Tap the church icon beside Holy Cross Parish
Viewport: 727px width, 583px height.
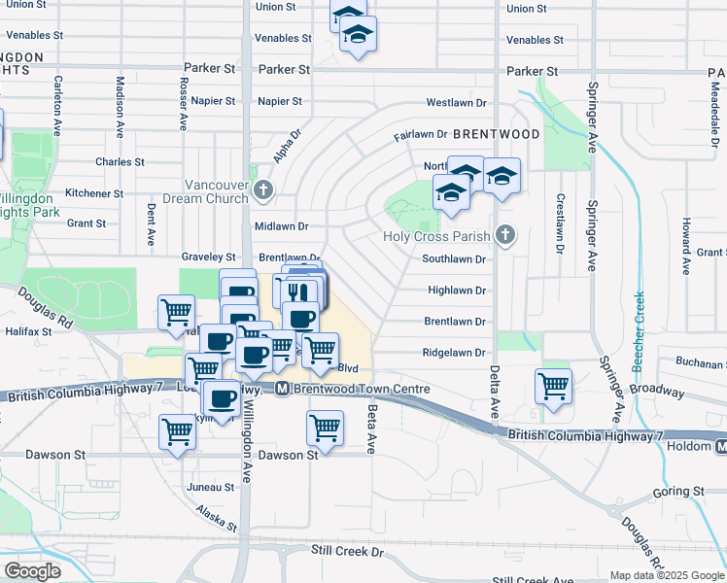[504, 234]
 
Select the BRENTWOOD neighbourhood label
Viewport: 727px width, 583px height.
[496, 133]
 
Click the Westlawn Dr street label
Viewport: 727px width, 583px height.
[456, 102]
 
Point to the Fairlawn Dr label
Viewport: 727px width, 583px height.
[420, 135]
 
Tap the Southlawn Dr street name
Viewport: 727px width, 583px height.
[453, 258]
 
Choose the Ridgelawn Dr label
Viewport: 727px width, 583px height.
[453, 353]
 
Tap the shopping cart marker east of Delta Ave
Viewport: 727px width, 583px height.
[553, 385]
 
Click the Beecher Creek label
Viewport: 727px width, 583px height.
[639, 330]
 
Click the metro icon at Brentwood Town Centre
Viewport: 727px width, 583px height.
[282, 389]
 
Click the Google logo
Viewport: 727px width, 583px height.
[32, 571]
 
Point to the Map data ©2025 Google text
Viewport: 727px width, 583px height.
[666, 575]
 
